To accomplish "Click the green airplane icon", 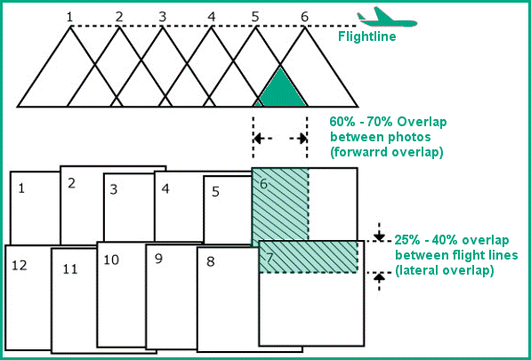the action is [x=387, y=19].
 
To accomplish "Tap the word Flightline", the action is [x=367, y=36].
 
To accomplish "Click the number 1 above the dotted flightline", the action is [x=69, y=17].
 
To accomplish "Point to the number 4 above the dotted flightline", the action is [x=212, y=17].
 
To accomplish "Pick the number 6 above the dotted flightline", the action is [x=304, y=17].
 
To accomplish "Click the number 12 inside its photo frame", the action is [x=20, y=266].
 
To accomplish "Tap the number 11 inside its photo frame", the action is [x=70, y=269].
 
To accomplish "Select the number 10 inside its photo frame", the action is [x=111, y=260].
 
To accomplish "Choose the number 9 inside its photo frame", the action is [x=158, y=259].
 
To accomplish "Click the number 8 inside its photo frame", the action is [x=210, y=261].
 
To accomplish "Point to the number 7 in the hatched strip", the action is [x=270, y=258].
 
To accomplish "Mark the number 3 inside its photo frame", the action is [x=114, y=189].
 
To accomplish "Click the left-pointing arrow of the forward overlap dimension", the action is [x=262, y=139].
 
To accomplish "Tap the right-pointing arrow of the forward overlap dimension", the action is [x=298, y=139].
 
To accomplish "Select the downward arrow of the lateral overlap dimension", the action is [x=379, y=232].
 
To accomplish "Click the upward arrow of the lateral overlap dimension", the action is [x=379, y=282].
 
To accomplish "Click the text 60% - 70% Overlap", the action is [x=388, y=122].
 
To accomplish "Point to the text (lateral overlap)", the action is [x=444, y=271].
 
